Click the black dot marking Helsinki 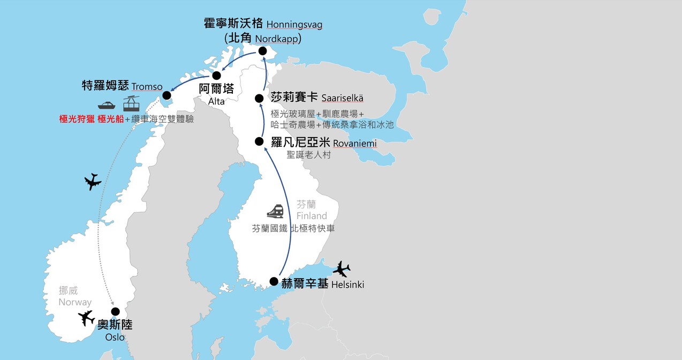tap(274, 281)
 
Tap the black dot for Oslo tap(115, 311)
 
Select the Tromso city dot tap(166, 96)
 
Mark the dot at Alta tap(217, 76)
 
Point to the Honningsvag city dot tap(262, 51)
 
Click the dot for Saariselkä tap(259, 98)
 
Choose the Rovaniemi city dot tap(259, 141)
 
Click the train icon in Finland tap(275, 212)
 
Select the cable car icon tap(132, 103)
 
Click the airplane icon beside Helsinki tap(341, 268)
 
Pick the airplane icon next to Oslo tap(86, 318)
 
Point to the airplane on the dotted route tap(93, 182)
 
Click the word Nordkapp tap(276, 39)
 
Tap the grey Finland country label tap(312, 215)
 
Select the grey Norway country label tap(75, 302)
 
